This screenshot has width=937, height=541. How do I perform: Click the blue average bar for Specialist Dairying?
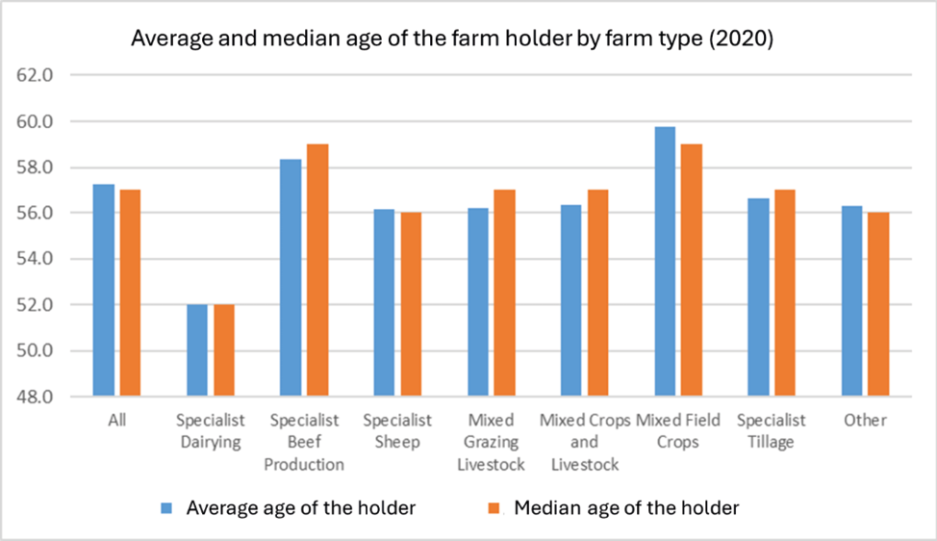(x=197, y=350)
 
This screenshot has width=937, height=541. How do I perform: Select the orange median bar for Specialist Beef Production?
(x=317, y=270)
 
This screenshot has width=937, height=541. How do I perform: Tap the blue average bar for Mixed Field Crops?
(x=665, y=261)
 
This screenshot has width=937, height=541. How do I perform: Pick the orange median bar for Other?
(x=878, y=304)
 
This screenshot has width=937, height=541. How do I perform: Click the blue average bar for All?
(x=103, y=290)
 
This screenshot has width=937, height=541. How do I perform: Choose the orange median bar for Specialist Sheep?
(x=411, y=304)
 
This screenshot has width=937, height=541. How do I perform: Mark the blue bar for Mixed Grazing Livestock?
(x=478, y=302)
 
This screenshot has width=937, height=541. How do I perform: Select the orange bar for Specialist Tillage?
(x=785, y=293)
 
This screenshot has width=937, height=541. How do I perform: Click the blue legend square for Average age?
(x=166, y=508)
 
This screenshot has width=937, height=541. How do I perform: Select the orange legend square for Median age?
(x=494, y=508)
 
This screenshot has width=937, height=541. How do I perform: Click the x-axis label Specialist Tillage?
(x=771, y=431)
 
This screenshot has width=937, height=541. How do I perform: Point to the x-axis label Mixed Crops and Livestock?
(x=585, y=442)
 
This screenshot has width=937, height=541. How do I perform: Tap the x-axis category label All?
(x=117, y=421)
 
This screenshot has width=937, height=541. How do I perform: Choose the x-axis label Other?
(x=865, y=421)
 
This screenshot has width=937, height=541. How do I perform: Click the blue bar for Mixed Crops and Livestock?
(x=571, y=300)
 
